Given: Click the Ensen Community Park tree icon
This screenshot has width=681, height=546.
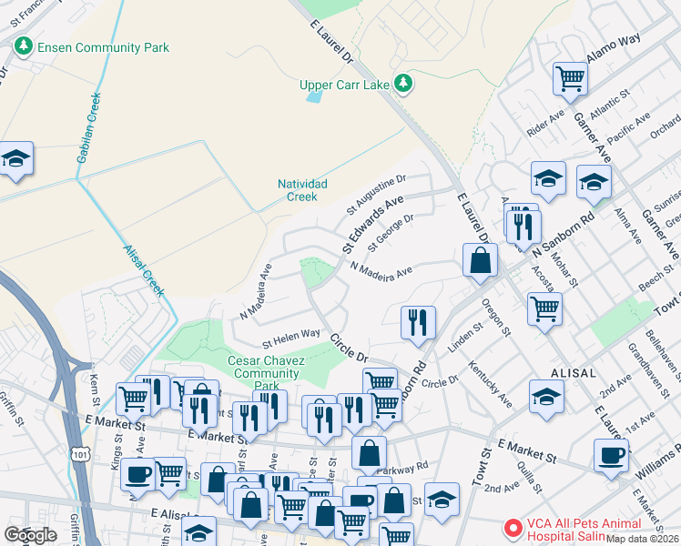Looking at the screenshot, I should coord(22,46).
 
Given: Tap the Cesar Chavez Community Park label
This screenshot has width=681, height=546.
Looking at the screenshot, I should coord(265,373).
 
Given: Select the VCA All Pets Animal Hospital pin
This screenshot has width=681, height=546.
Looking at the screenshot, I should coord(513,528).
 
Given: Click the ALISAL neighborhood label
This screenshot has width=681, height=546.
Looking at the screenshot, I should coord(572,373).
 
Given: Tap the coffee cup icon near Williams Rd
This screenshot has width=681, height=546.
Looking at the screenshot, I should coord(611,454).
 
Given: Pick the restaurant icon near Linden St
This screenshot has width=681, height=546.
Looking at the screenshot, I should coord(418,320).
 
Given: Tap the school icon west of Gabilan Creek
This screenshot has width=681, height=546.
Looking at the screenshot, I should coord(15,158).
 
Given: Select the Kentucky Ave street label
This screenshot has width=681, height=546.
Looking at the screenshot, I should coord(491,386).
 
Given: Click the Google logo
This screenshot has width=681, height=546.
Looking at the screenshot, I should coord(31,534).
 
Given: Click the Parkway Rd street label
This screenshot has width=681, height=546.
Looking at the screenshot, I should coord(407,467).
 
